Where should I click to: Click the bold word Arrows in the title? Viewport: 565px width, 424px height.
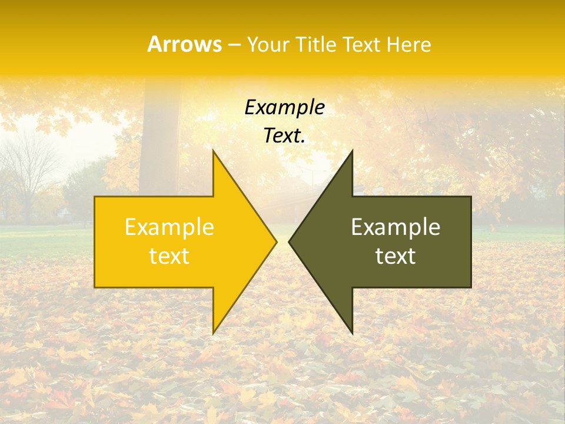(x=185, y=44)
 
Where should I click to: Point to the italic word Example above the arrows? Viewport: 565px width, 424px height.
(x=284, y=107)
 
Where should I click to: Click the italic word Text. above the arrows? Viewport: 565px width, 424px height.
(x=284, y=136)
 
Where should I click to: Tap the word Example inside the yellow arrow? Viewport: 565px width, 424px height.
(x=169, y=227)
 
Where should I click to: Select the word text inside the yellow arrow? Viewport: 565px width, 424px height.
(x=169, y=256)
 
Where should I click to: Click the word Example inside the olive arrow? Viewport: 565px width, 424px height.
(x=395, y=227)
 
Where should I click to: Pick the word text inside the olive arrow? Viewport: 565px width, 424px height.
(x=395, y=256)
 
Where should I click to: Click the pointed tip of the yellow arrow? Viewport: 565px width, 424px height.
(x=276, y=241)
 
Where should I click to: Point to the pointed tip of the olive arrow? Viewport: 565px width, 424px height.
(x=290, y=241)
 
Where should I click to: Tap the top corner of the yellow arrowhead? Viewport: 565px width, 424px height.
(x=214, y=151)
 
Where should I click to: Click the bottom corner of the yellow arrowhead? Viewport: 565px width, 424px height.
(x=214, y=333)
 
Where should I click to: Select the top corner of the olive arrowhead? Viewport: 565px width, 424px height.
(x=352, y=151)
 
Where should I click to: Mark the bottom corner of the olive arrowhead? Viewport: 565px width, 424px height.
(x=352, y=333)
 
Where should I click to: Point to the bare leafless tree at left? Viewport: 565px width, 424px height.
(x=26, y=171)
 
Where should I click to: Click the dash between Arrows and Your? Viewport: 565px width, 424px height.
(x=234, y=45)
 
